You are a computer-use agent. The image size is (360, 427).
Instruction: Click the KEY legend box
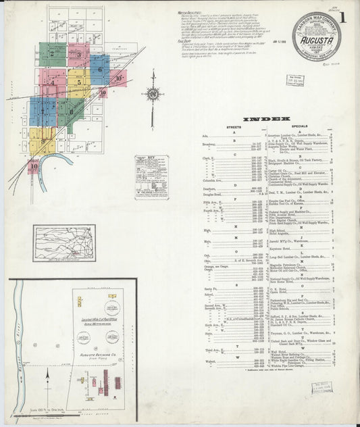(151, 177)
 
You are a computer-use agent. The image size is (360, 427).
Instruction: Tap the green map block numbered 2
(52, 53)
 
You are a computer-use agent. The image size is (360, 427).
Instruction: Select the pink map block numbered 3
(80, 55)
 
